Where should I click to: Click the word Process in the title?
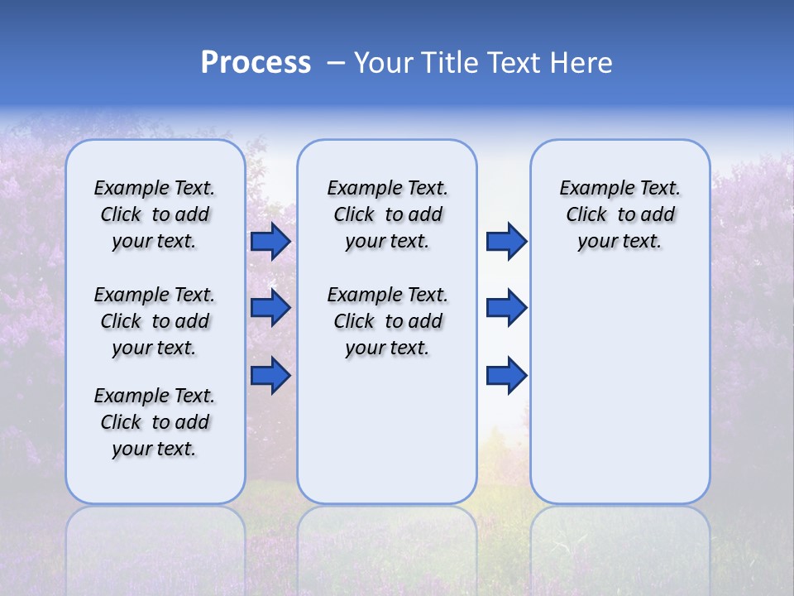(256, 63)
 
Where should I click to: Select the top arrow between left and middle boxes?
(270, 241)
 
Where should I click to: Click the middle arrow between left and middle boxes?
(270, 308)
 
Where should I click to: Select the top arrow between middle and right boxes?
(506, 241)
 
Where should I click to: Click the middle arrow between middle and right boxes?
(506, 308)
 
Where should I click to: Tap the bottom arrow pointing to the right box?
(506, 376)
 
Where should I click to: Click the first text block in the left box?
(155, 214)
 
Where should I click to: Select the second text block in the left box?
(155, 321)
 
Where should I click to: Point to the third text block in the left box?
(155, 422)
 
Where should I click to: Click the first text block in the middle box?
(387, 214)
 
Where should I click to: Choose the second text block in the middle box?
(387, 321)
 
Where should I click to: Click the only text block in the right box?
(619, 214)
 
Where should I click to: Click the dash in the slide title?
(336, 63)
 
